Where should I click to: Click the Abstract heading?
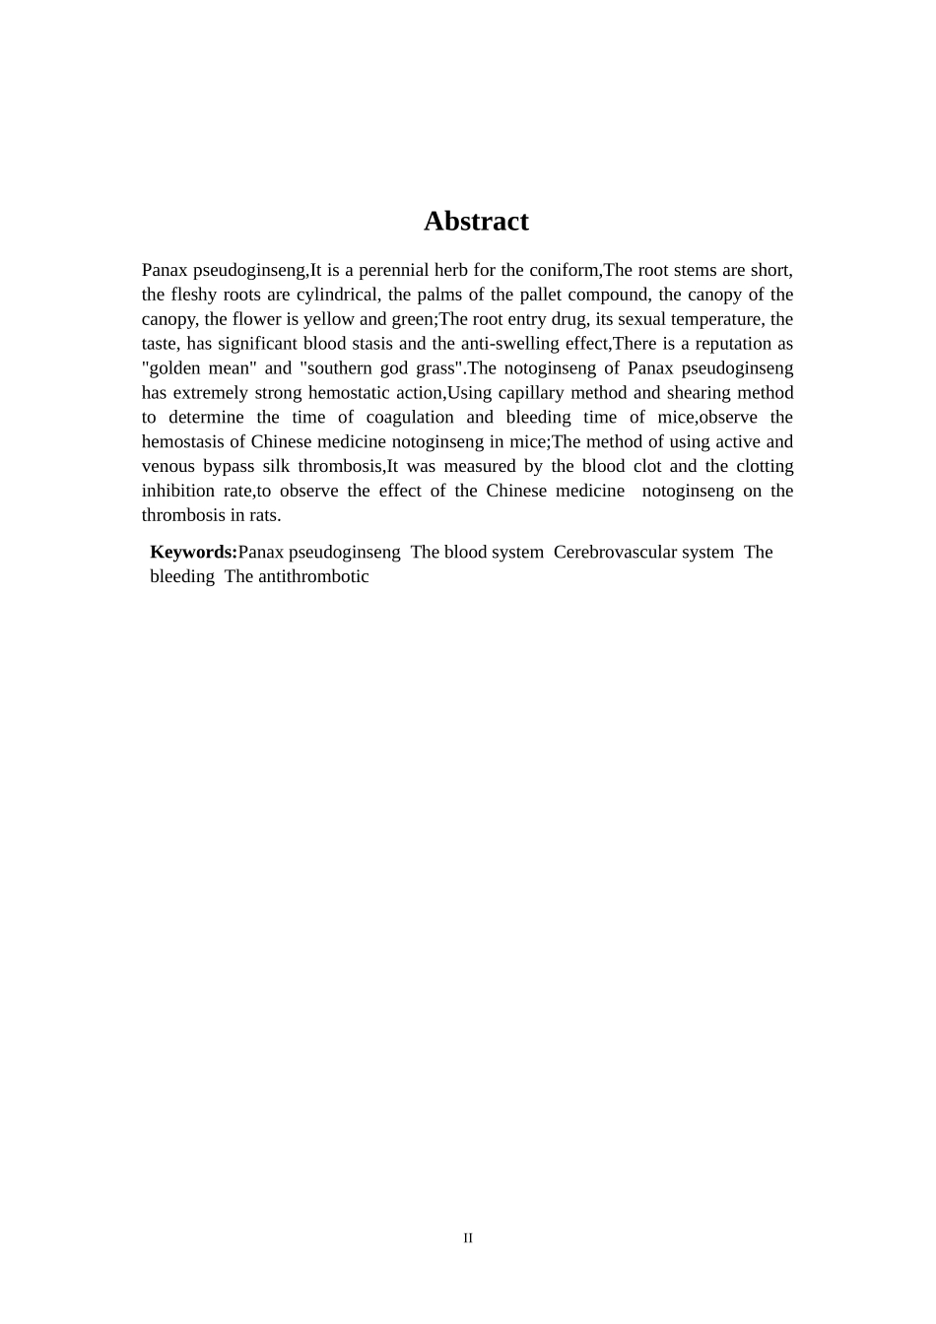click(476, 221)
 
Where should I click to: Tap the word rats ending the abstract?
click(263, 515)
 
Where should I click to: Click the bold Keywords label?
click(193, 552)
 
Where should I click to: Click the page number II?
click(468, 1238)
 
